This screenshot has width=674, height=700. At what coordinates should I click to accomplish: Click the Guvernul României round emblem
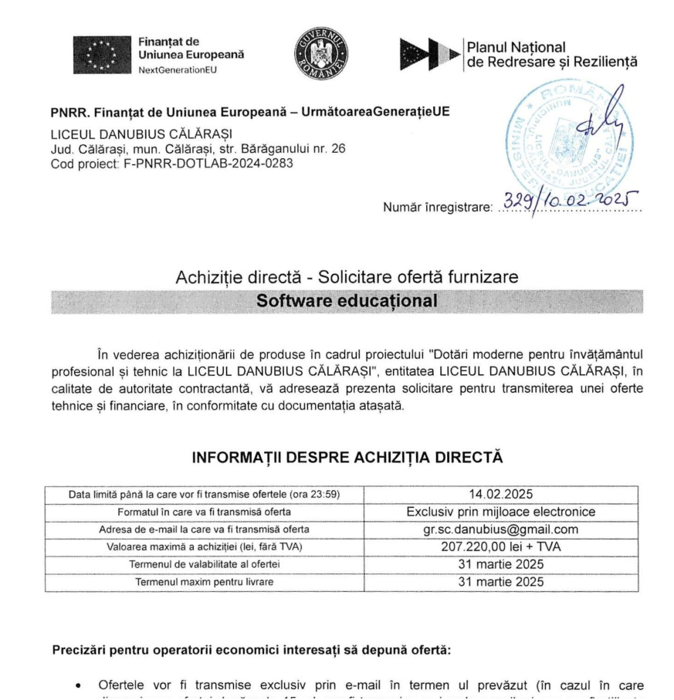[x=320, y=56]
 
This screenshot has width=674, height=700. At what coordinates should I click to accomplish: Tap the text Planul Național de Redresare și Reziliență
[x=552, y=55]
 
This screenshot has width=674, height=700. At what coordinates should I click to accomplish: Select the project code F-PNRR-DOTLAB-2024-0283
[x=172, y=164]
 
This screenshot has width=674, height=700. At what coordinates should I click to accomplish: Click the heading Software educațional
[x=347, y=301]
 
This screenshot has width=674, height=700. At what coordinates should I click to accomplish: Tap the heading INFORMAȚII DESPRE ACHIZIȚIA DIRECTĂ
[x=347, y=458]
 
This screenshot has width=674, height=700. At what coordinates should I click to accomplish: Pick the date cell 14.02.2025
[x=500, y=494]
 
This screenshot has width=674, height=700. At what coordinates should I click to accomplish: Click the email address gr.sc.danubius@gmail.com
[x=500, y=529]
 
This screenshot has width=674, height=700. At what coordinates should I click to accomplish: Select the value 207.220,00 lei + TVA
[x=500, y=547]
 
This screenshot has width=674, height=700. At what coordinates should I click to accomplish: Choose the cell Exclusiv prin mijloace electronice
[x=500, y=512]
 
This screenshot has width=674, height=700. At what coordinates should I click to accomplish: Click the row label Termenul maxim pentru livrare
[x=204, y=582]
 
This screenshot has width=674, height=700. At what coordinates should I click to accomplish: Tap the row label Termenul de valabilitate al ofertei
[x=204, y=565]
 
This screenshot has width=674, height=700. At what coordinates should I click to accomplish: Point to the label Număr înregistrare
[x=437, y=207]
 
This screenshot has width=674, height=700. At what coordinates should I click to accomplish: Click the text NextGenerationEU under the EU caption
[x=178, y=70]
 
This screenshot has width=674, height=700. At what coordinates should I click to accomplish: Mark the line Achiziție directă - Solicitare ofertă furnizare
[x=347, y=276]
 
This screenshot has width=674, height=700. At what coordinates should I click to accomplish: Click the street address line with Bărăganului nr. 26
[x=198, y=149]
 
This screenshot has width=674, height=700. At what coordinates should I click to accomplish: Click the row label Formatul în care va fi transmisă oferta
[x=204, y=512]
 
